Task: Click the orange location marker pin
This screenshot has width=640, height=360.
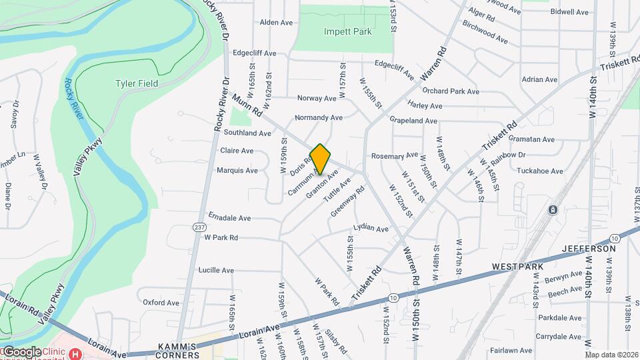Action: [x=320, y=159]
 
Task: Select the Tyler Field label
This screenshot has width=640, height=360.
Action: [x=137, y=83]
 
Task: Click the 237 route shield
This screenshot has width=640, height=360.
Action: [x=199, y=227]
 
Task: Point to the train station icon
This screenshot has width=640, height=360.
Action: [x=553, y=210]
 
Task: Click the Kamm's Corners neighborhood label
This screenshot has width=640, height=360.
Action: [x=176, y=351]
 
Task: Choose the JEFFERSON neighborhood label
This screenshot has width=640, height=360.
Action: [x=589, y=249]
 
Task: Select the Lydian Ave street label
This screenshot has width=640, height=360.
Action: [x=371, y=229]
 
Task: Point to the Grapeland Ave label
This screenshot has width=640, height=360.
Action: [x=413, y=121]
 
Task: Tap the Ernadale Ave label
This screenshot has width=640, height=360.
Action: [x=229, y=218]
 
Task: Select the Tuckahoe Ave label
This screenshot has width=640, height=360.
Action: [x=539, y=171]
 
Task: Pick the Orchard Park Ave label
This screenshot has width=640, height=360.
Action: [x=451, y=91]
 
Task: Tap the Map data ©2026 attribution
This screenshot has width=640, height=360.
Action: [x=611, y=355]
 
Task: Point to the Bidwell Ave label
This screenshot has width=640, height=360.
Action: [x=570, y=12]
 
